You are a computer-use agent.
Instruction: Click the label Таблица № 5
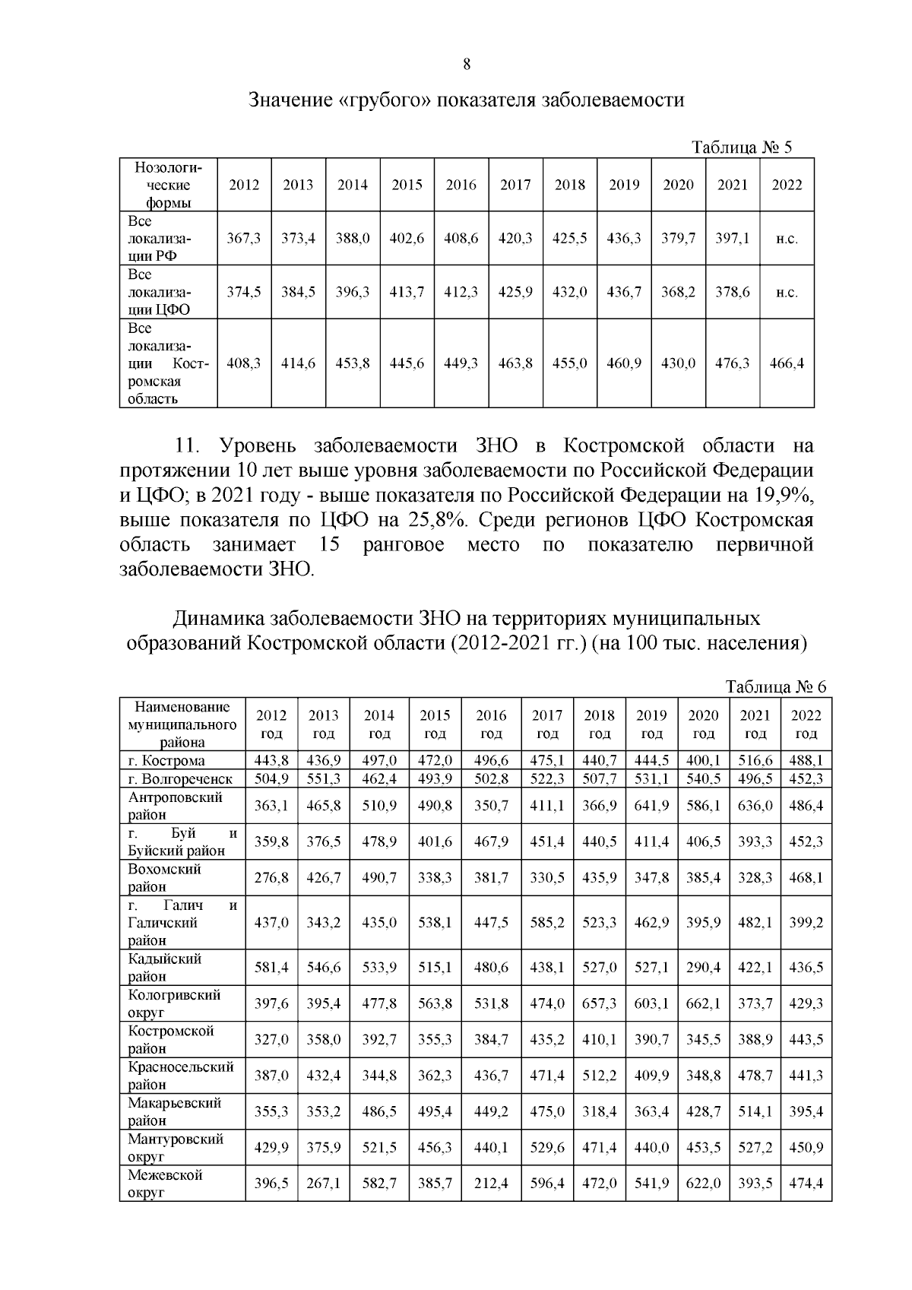click(x=741, y=147)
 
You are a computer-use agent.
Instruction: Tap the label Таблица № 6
click(x=775, y=686)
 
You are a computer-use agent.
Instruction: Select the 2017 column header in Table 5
click(x=515, y=185)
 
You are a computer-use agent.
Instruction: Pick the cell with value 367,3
click(x=244, y=238)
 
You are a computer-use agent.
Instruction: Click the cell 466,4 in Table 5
click(x=787, y=363)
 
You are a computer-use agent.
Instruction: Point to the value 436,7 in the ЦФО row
click(x=623, y=292)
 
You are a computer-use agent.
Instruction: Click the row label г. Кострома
click(x=166, y=761)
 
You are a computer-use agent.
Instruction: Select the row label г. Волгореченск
click(x=181, y=779)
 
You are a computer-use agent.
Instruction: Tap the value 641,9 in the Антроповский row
click(x=651, y=806)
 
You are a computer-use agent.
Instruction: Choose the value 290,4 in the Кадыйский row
click(x=704, y=968)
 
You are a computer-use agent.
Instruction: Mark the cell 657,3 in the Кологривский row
click(x=600, y=1004)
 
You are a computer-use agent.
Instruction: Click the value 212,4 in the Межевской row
click(x=491, y=1184)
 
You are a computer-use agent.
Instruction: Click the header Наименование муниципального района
click(x=182, y=724)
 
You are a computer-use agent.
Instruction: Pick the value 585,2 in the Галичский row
click(x=547, y=923)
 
